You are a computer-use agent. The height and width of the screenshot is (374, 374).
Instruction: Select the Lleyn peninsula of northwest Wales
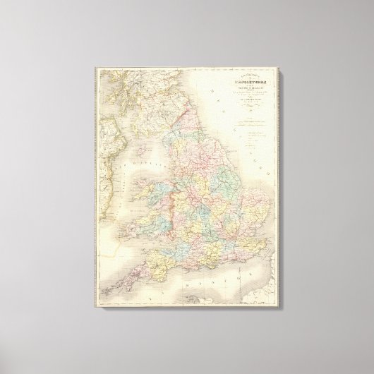pyautogui.click(x=149, y=201)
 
